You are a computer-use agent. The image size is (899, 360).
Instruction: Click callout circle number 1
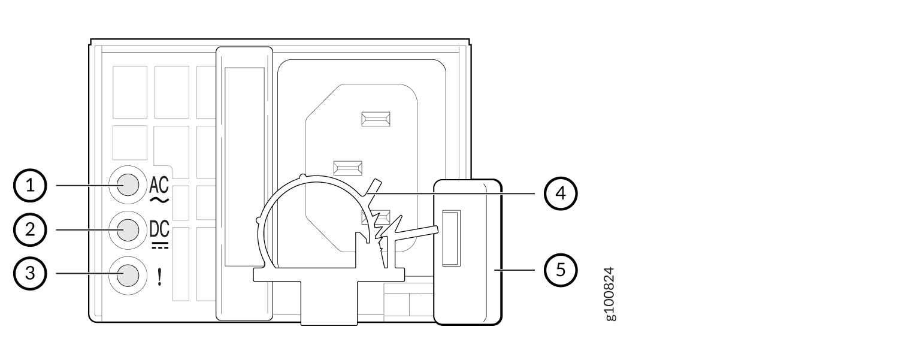point(30,186)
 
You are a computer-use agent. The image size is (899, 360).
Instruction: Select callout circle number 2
point(30,229)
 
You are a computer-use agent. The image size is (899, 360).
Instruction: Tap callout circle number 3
point(30,273)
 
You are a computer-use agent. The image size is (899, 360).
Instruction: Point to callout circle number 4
point(561,193)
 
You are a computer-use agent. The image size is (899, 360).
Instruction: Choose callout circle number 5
point(561,270)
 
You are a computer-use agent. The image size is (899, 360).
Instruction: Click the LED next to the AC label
point(128,185)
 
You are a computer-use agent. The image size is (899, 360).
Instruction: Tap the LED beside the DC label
point(128,231)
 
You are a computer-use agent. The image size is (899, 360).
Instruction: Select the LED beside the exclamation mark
point(128,276)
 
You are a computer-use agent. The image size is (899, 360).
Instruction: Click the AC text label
point(159,185)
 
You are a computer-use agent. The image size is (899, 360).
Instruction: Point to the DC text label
point(159,229)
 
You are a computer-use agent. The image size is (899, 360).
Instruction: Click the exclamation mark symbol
point(160,277)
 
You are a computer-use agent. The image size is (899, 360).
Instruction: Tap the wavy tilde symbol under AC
point(159,199)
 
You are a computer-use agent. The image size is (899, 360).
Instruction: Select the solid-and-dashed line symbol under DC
point(160,245)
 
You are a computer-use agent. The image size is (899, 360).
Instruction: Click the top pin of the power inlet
point(376,119)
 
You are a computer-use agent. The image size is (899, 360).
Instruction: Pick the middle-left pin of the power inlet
point(347,168)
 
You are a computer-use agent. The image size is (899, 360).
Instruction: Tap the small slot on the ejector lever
point(451,238)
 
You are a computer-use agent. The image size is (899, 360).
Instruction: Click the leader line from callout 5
point(514,270)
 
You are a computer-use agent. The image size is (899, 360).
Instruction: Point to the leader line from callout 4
point(450,193)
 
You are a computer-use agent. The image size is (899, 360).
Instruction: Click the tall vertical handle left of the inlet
point(244,184)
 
